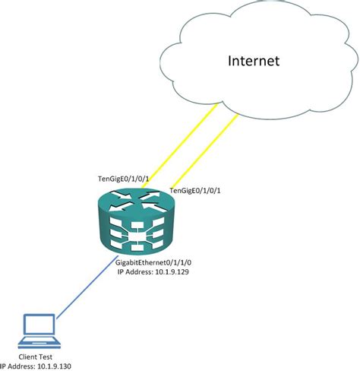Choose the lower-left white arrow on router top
[121, 206]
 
